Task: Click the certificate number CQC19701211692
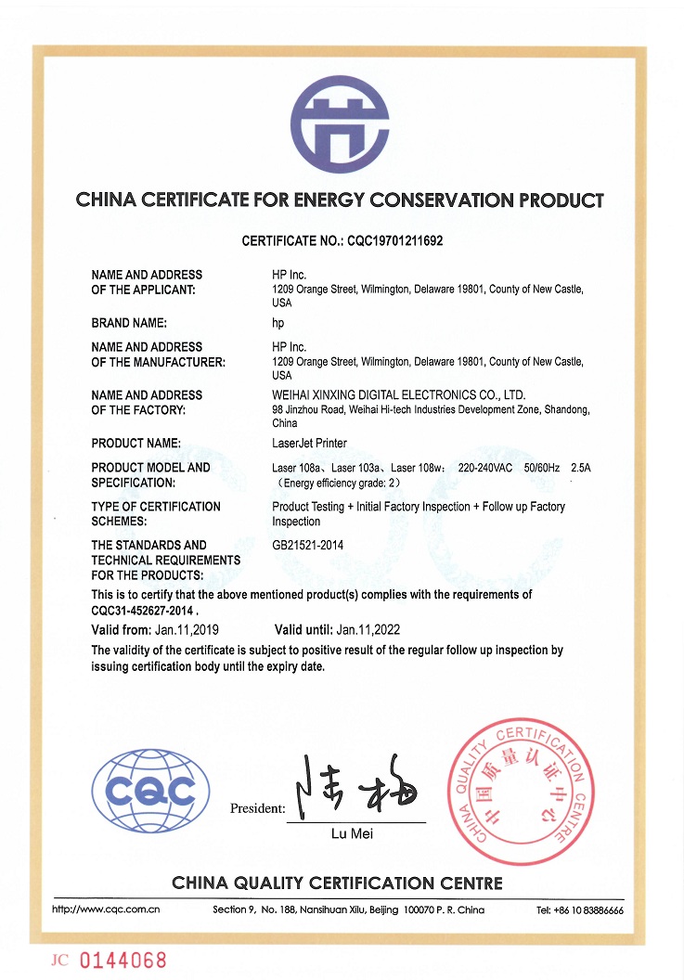[x=395, y=241]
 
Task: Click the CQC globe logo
[x=151, y=791]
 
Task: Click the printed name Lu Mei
[x=352, y=834]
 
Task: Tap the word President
[x=257, y=809]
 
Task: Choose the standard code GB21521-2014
[x=307, y=546]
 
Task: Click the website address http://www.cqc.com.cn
[x=106, y=909]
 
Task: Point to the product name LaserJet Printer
[x=309, y=444]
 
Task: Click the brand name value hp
[x=277, y=323]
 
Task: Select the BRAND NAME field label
[x=129, y=323]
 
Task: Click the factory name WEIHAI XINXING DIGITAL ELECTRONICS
[x=399, y=394]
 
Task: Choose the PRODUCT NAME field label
[x=136, y=444]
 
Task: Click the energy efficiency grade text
[x=340, y=483]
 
